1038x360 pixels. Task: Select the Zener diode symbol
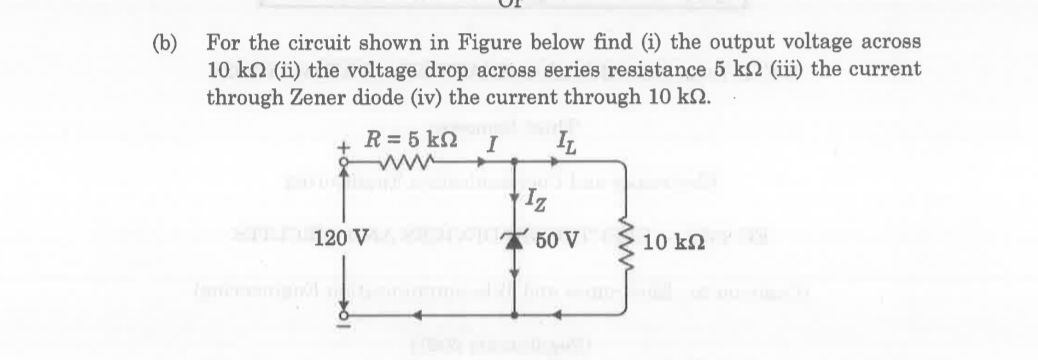click(517, 240)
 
